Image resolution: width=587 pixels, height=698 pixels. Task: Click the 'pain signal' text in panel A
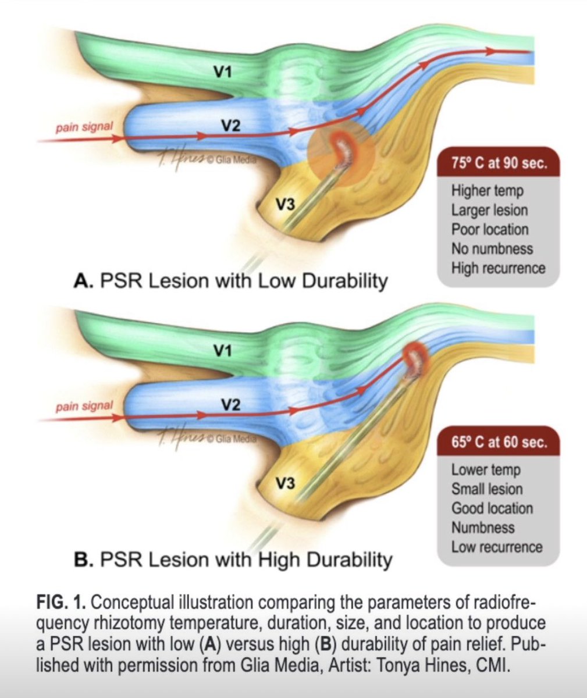click(84, 126)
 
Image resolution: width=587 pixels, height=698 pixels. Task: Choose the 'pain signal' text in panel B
click(84, 405)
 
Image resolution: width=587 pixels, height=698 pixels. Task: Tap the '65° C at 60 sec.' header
click(499, 443)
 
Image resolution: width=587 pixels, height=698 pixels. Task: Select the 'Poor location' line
click(490, 229)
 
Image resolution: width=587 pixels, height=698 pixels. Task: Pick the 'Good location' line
click(492, 508)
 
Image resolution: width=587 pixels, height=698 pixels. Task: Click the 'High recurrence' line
click(499, 268)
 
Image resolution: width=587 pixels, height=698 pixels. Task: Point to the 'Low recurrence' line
click(497, 547)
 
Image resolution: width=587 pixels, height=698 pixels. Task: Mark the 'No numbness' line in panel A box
click(492, 248)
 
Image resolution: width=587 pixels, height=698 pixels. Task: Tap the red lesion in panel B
click(414, 355)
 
